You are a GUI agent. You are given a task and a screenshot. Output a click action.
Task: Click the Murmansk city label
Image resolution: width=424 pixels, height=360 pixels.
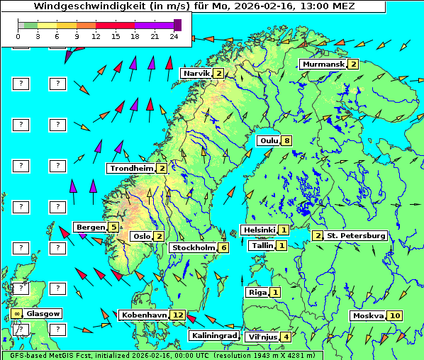[323, 64]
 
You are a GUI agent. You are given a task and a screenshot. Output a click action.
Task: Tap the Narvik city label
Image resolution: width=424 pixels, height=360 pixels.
[196, 74]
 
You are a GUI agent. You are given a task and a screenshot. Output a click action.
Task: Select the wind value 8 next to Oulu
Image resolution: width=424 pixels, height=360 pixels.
[286, 140]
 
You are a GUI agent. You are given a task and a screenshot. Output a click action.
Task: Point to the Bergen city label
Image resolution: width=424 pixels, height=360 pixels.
[90, 227]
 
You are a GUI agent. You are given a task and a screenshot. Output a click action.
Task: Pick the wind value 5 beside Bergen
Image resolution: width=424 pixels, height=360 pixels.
[113, 227]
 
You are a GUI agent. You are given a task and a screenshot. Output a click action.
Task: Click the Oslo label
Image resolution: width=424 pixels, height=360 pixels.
[141, 237]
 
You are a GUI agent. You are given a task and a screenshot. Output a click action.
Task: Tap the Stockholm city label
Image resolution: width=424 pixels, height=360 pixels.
[193, 247]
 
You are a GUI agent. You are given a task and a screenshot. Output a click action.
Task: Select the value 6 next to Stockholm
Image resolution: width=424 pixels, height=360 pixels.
[223, 247]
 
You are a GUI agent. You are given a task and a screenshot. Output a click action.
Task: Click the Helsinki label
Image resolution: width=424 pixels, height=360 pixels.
[259, 230]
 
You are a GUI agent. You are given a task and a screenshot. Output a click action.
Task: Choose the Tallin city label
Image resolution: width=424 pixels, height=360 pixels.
[262, 245]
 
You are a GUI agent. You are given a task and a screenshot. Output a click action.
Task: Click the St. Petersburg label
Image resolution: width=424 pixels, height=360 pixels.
[355, 235]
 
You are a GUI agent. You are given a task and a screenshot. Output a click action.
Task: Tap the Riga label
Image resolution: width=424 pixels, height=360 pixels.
[256, 292]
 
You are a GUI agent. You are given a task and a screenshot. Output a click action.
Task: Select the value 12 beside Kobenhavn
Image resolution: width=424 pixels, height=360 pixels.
[179, 315]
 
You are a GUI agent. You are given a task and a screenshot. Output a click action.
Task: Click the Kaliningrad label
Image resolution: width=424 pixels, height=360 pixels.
[213, 336]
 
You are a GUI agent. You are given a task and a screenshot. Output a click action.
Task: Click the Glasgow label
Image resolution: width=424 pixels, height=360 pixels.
[44, 313]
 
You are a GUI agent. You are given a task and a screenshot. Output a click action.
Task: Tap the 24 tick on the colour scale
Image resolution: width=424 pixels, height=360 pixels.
[174, 36]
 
